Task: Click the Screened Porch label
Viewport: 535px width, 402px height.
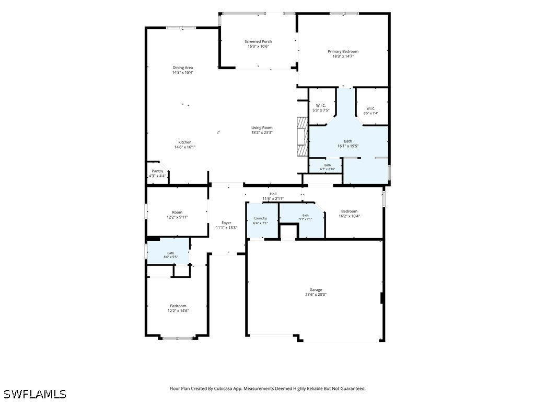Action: click(x=258, y=41)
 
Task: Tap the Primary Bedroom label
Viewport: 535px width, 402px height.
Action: click(x=343, y=51)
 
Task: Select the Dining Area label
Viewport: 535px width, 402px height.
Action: click(x=182, y=68)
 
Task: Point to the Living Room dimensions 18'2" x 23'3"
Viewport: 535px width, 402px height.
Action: click(x=262, y=132)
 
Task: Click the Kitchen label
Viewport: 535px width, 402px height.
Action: click(x=185, y=142)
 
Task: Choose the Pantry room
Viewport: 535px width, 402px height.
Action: click(x=158, y=173)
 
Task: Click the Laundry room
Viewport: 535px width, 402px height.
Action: click(x=262, y=220)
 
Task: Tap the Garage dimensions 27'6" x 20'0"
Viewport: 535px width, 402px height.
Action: click(x=316, y=294)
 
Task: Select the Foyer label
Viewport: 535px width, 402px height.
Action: click(x=226, y=223)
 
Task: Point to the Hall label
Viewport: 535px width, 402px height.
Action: click(x=273, y=194)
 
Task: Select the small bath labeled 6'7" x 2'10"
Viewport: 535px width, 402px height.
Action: click(x=325, y=166)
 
